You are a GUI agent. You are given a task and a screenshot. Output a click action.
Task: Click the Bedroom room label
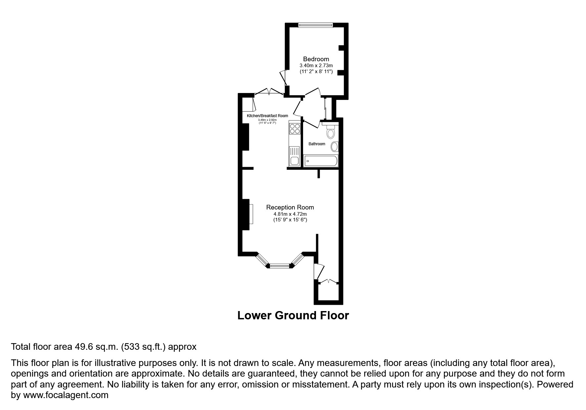point(316,59)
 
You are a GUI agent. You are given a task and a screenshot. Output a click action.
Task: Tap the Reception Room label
point(290,207)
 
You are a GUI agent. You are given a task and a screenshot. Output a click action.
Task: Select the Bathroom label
point(317,144)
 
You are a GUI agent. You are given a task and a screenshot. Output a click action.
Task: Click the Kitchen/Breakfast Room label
point(267,116)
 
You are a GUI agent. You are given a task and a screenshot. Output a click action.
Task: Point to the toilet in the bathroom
point(331,132)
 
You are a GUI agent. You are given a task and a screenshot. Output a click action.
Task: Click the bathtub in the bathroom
point(321,161)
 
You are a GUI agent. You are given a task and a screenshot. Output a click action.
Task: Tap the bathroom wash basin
point(335,147)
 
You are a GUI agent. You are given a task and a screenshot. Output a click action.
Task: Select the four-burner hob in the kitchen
point(294,128)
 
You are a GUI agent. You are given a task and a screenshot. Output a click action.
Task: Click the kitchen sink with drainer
point(294,157)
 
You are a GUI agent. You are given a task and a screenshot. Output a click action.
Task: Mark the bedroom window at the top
point(315,25)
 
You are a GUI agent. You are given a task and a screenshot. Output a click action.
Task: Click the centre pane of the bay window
point(280,265)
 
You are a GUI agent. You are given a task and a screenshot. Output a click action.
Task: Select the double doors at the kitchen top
point(269,92)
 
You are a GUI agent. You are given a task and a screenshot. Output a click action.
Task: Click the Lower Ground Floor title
point(293,315)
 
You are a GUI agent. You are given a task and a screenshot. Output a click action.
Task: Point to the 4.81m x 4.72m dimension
point(290,214)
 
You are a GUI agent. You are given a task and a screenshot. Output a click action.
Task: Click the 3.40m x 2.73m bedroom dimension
point(316,66)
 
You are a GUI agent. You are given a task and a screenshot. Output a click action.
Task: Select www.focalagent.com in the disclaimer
point(66,395)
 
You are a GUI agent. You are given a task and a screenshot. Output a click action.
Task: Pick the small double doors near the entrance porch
point(328,282)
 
